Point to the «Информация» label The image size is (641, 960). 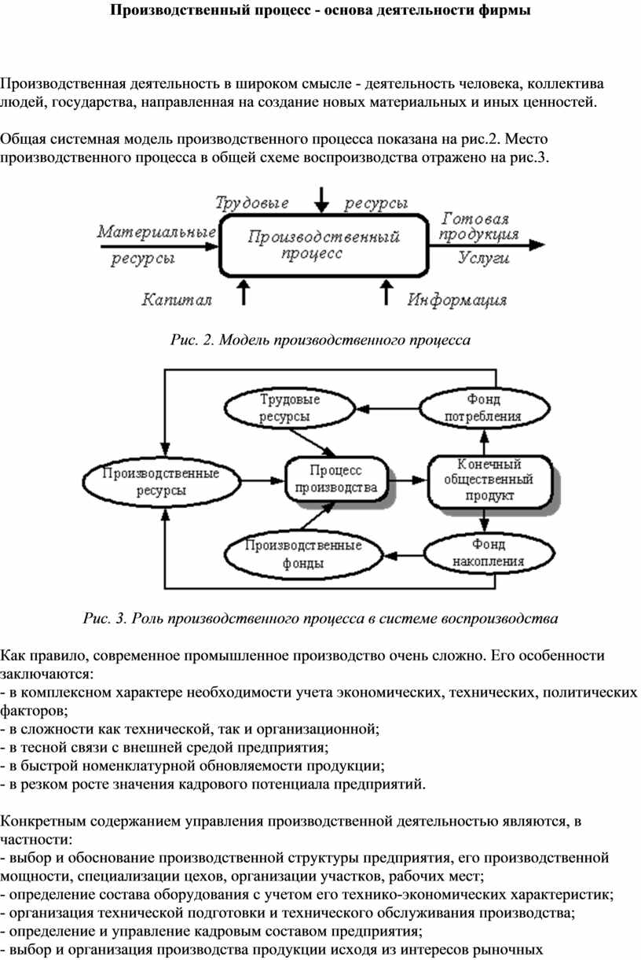pos(457,300)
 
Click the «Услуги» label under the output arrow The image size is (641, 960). pos(484,258)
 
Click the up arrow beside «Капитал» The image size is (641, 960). pos(244,292)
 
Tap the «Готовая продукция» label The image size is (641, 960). pos(478,226)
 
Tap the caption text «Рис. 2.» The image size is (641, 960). pos(192,340)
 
